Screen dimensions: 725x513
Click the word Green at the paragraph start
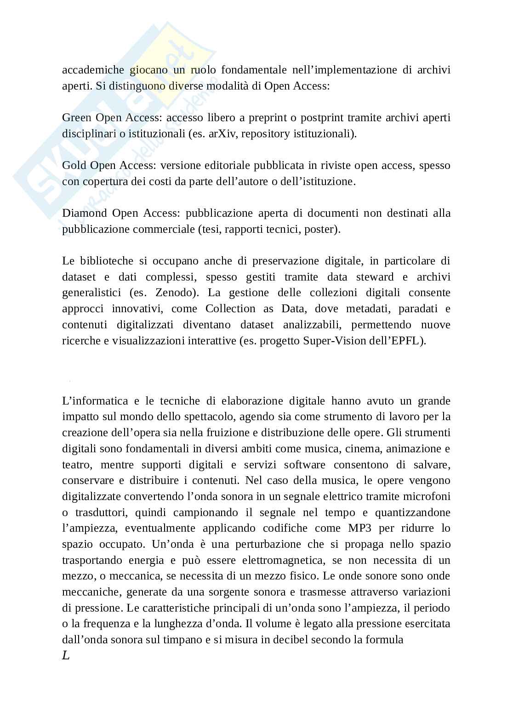coord(77,118)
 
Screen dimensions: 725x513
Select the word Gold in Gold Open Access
coord(74,165)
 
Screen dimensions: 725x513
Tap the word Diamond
coord(85,214)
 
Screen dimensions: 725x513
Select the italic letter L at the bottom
coord(66,656)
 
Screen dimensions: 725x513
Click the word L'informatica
coord(95,401)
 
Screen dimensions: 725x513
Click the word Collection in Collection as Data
coord(230,309)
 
